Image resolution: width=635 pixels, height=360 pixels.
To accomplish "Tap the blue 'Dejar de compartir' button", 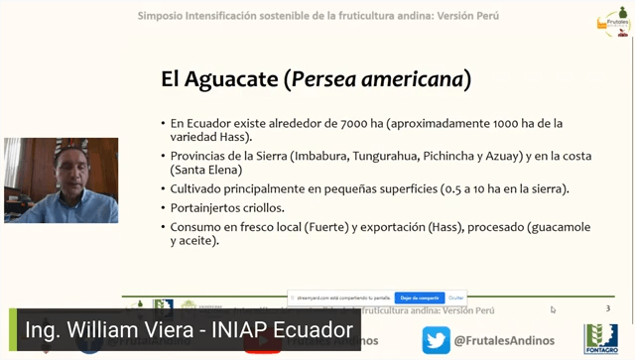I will click(419, 298).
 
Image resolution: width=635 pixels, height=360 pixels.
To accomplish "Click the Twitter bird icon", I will click(436, 339).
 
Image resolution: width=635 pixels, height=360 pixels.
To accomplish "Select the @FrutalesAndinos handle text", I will click(503, 340).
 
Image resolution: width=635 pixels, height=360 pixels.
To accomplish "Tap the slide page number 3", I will click(607, 308).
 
